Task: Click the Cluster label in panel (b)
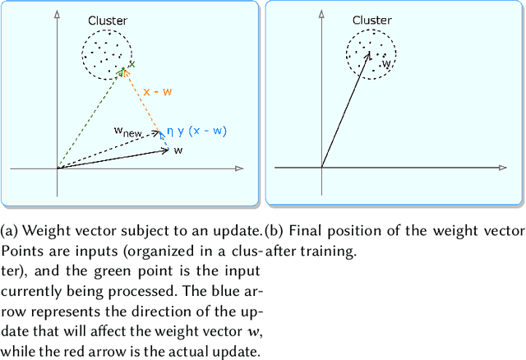point(371,19)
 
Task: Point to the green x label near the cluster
point(131,63)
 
